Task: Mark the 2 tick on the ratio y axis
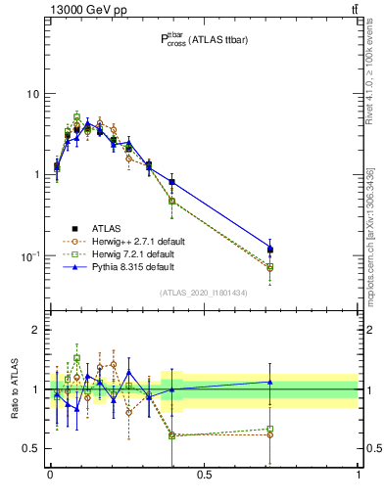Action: click(x=37, y=330)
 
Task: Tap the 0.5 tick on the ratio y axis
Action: click(x=33, y=448)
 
